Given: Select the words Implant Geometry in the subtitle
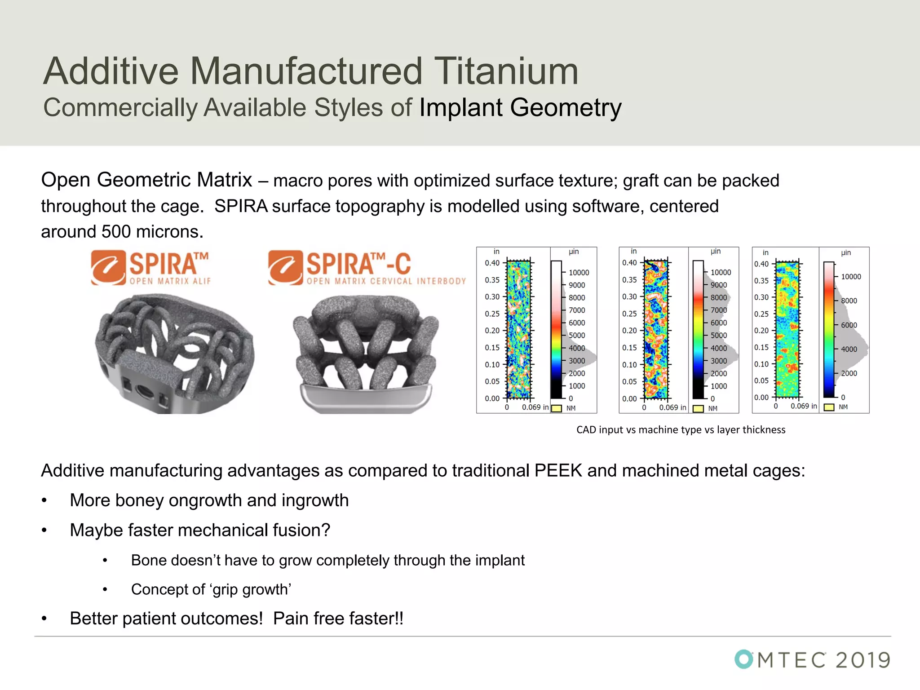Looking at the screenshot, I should [x=520, y=108].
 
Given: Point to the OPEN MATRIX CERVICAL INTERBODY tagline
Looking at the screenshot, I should [x=386, y=281].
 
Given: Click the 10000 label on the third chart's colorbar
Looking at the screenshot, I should [x=851, y=277].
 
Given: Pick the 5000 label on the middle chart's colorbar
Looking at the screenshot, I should [x=719, y=336].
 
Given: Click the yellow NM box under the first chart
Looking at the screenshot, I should [x=557, y=408].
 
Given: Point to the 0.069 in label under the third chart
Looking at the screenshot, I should [x=804, y=406].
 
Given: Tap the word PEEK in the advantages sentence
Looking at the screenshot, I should [x=558, y=471].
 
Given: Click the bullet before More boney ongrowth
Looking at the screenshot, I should [x=44, y=501].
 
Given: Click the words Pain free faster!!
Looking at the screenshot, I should [x=338, y=619].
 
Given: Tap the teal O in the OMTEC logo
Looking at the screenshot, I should [x=744, y=659].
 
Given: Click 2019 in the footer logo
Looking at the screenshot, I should [x=862, y=660].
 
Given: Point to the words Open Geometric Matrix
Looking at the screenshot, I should [x=146, y=180].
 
